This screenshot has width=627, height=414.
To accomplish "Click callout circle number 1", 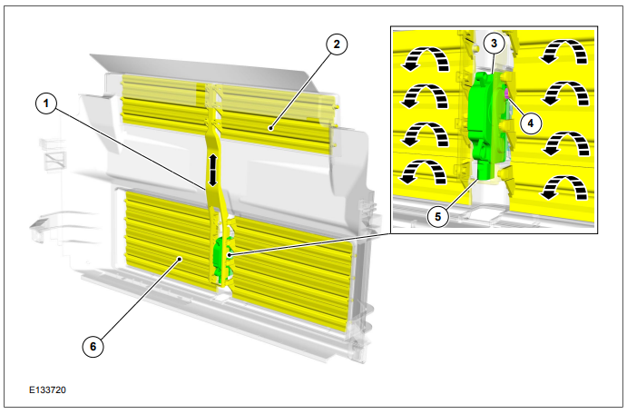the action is (x=46, y=103).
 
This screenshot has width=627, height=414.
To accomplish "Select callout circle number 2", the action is (x=337, y=44).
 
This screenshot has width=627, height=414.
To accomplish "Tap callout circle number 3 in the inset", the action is (x=494, y=43).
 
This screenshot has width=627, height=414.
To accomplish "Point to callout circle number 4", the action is (x=531, y=123).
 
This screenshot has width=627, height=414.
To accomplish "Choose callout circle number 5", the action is (x=438, y=216).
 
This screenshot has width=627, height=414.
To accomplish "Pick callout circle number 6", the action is (x=93, y=346).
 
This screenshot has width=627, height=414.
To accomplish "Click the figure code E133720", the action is (x=47, y=389).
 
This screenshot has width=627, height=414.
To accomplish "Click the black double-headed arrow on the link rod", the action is (x=212, y=171).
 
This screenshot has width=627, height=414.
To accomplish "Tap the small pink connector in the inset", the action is (x=507, y=94).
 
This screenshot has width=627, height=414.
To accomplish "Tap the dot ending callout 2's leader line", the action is (x=271, y=128).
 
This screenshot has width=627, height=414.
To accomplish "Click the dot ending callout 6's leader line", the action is (x=181, y=259).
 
